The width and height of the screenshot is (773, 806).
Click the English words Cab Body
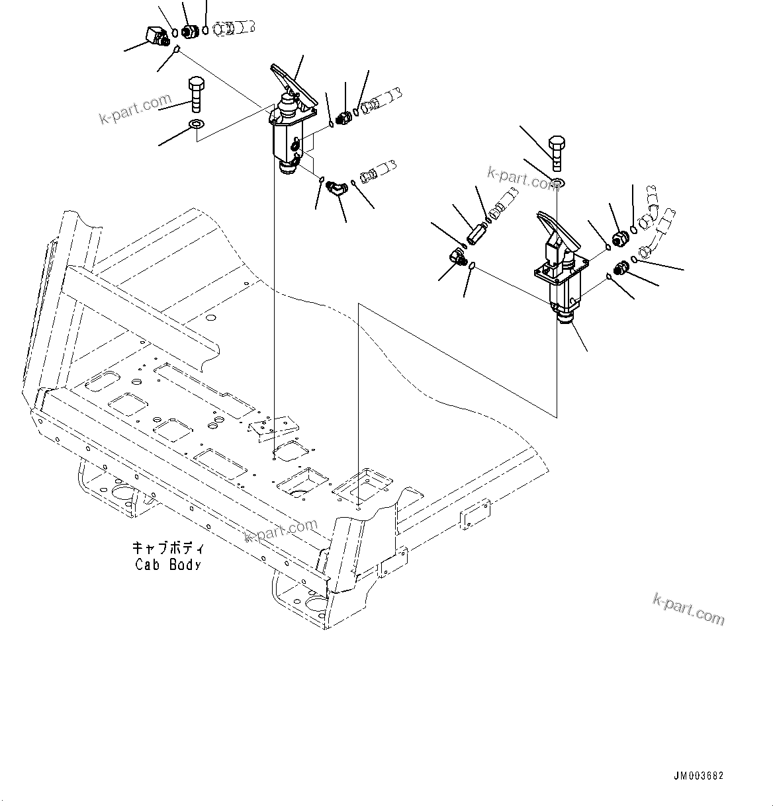pyautogui.click(x=167, y=565)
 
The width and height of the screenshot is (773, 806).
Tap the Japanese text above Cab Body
pyautogui.click(x=168, y=549)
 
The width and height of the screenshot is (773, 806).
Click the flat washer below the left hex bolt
pyautogui.click(x=197, y=124)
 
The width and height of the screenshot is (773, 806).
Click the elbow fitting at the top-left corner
pyautogui.click(x=156, y=34)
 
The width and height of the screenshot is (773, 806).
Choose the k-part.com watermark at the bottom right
pyautogui.click(x=688, y=609)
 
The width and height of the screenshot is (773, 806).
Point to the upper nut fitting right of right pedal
pyautogui.click(x=621, y=238)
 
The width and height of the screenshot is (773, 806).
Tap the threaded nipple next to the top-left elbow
pyautogui.click(x=190, y=31)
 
